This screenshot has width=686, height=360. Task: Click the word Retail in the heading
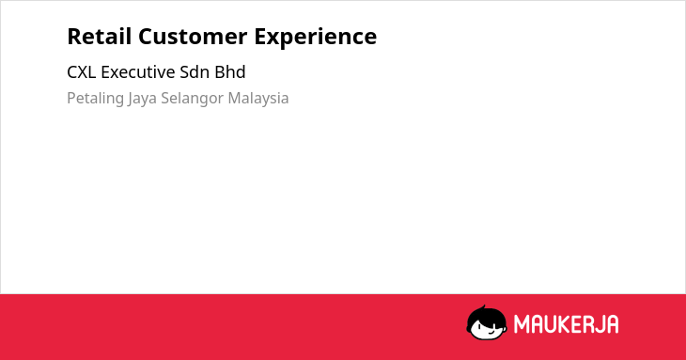(100, 36)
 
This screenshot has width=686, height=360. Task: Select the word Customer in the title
(193, 37)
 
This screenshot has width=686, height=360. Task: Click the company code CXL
(82, 72)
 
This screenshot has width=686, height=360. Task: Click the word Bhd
(230, 72)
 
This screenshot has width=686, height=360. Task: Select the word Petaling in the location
(95, 99)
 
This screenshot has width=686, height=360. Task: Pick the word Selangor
(192, 99)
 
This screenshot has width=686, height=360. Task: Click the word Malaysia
(258, 99)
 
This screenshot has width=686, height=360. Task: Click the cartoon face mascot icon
(487, 322)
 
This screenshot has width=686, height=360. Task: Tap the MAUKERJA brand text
(566, 324)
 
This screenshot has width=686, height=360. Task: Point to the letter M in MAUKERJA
(522, 324)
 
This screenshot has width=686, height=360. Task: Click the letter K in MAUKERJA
(564, 324)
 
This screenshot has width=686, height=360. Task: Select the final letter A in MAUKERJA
(613, 324)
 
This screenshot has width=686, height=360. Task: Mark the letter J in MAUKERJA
(600, 324)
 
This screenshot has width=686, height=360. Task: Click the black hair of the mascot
(485, 314)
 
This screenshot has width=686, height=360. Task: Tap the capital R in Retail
(74, 37)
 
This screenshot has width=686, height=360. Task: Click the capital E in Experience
(260, 37)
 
